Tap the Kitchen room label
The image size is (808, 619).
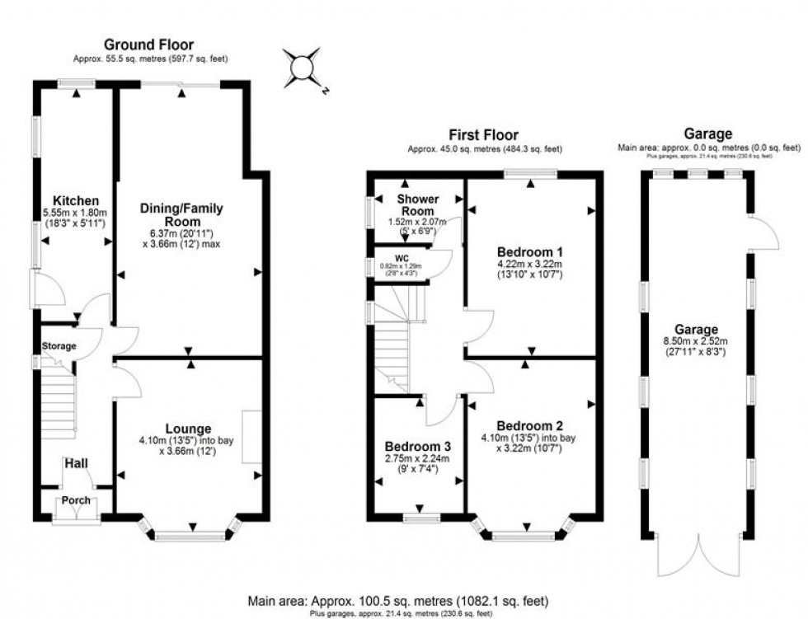76,201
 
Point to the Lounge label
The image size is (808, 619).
188,429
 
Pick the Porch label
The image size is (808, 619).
76,500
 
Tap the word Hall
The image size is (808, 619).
77,465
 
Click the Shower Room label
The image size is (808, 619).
418,205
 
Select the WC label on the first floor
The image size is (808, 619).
402,257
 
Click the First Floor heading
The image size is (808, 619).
484,135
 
